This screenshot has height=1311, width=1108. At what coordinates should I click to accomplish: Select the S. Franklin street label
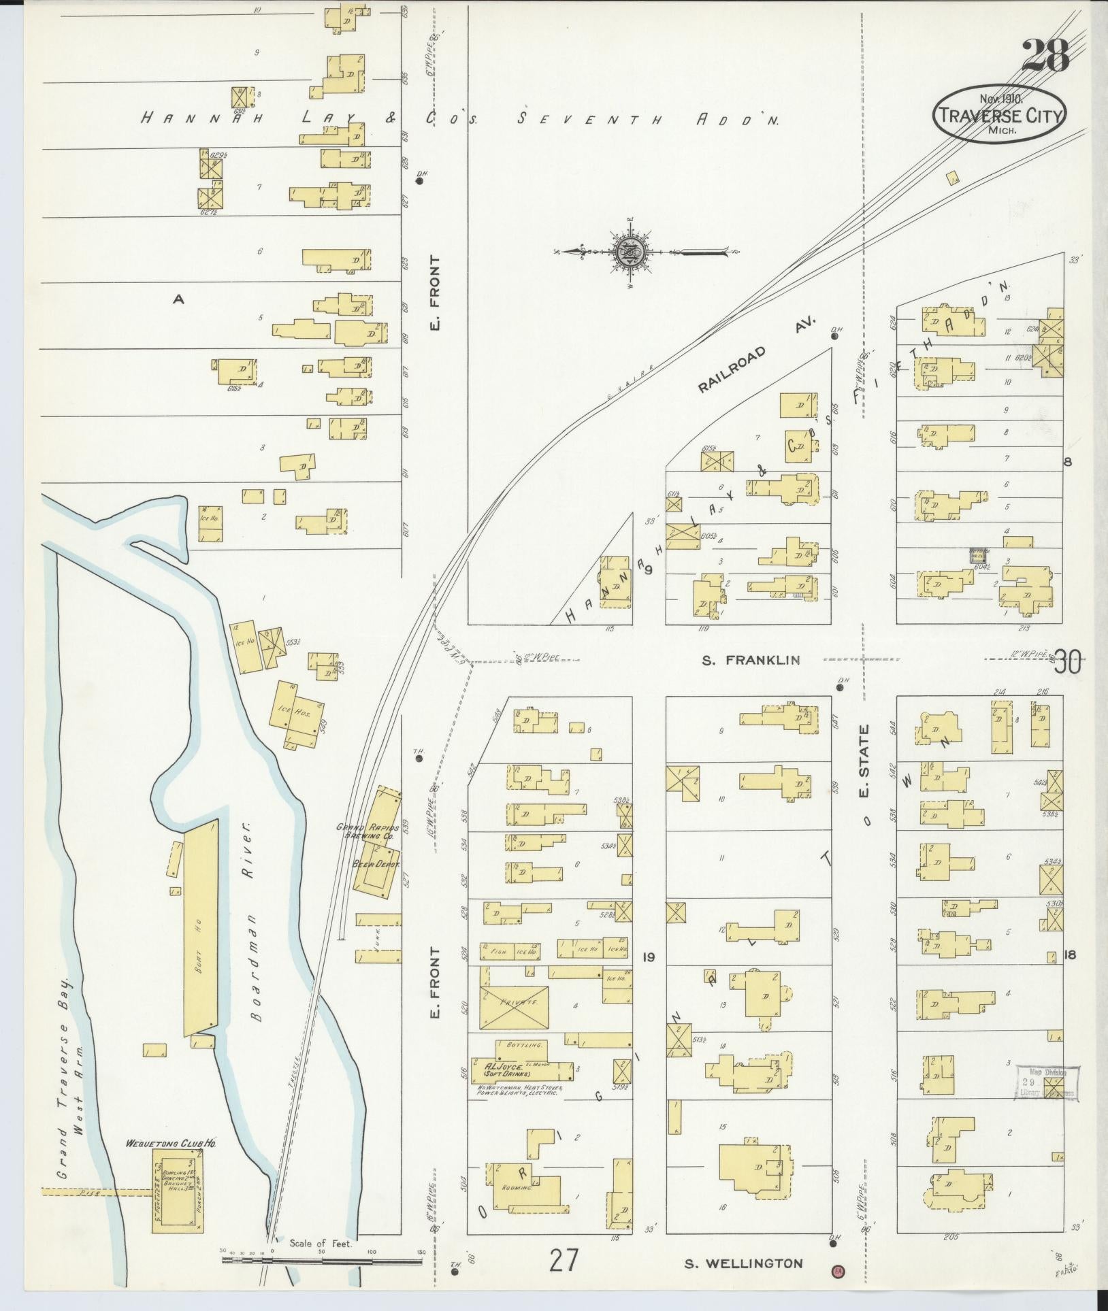coord(742,660)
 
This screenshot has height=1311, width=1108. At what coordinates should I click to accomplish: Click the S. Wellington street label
coord(743,1263)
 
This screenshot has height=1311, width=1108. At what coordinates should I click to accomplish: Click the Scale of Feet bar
coord(323,1260)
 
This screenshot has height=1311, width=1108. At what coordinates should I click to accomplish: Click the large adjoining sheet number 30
coord(1067,661)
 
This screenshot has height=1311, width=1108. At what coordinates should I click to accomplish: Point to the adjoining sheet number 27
coord(565,1260)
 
